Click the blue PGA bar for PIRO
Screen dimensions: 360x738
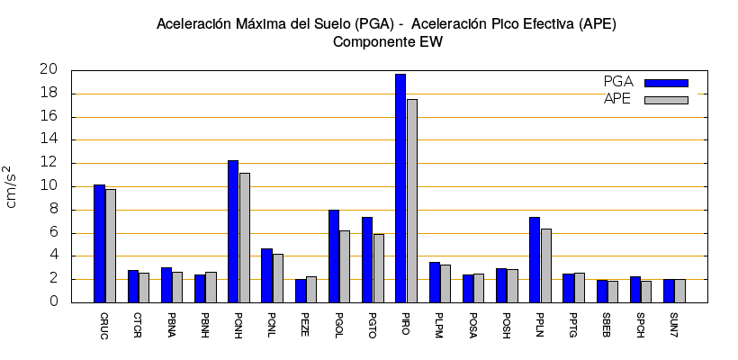coord(400,188)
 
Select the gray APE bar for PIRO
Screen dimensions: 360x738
coord(411,201)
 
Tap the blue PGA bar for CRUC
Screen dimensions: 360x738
coord(99,243)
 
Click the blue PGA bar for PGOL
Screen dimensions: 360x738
coord(334,256)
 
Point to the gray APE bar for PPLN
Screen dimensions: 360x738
coord(545,265)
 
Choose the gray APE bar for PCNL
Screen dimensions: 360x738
coord(277,278)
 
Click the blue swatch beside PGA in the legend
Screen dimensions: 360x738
coord(666,83)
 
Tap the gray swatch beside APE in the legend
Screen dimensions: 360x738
coord(666,100)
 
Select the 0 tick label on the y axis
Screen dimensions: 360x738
coord(53,302)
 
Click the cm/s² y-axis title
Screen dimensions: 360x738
coord(13,186)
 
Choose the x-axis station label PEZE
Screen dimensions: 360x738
coord(305,324)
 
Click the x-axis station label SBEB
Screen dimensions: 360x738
coord(607,324)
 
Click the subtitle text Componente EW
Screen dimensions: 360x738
coord(387,41)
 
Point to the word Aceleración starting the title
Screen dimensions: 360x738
coord(191,22)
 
